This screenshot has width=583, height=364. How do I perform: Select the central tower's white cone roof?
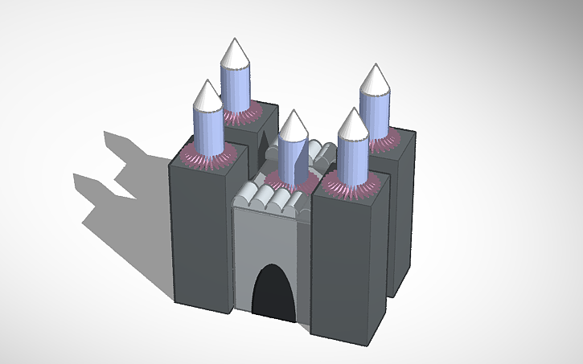(293, 125)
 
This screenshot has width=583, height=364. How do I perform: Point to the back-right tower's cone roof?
(374, 80)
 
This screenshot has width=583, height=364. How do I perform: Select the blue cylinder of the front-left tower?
(207, 133)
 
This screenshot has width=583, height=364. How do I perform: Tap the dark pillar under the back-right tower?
(402, 217)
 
